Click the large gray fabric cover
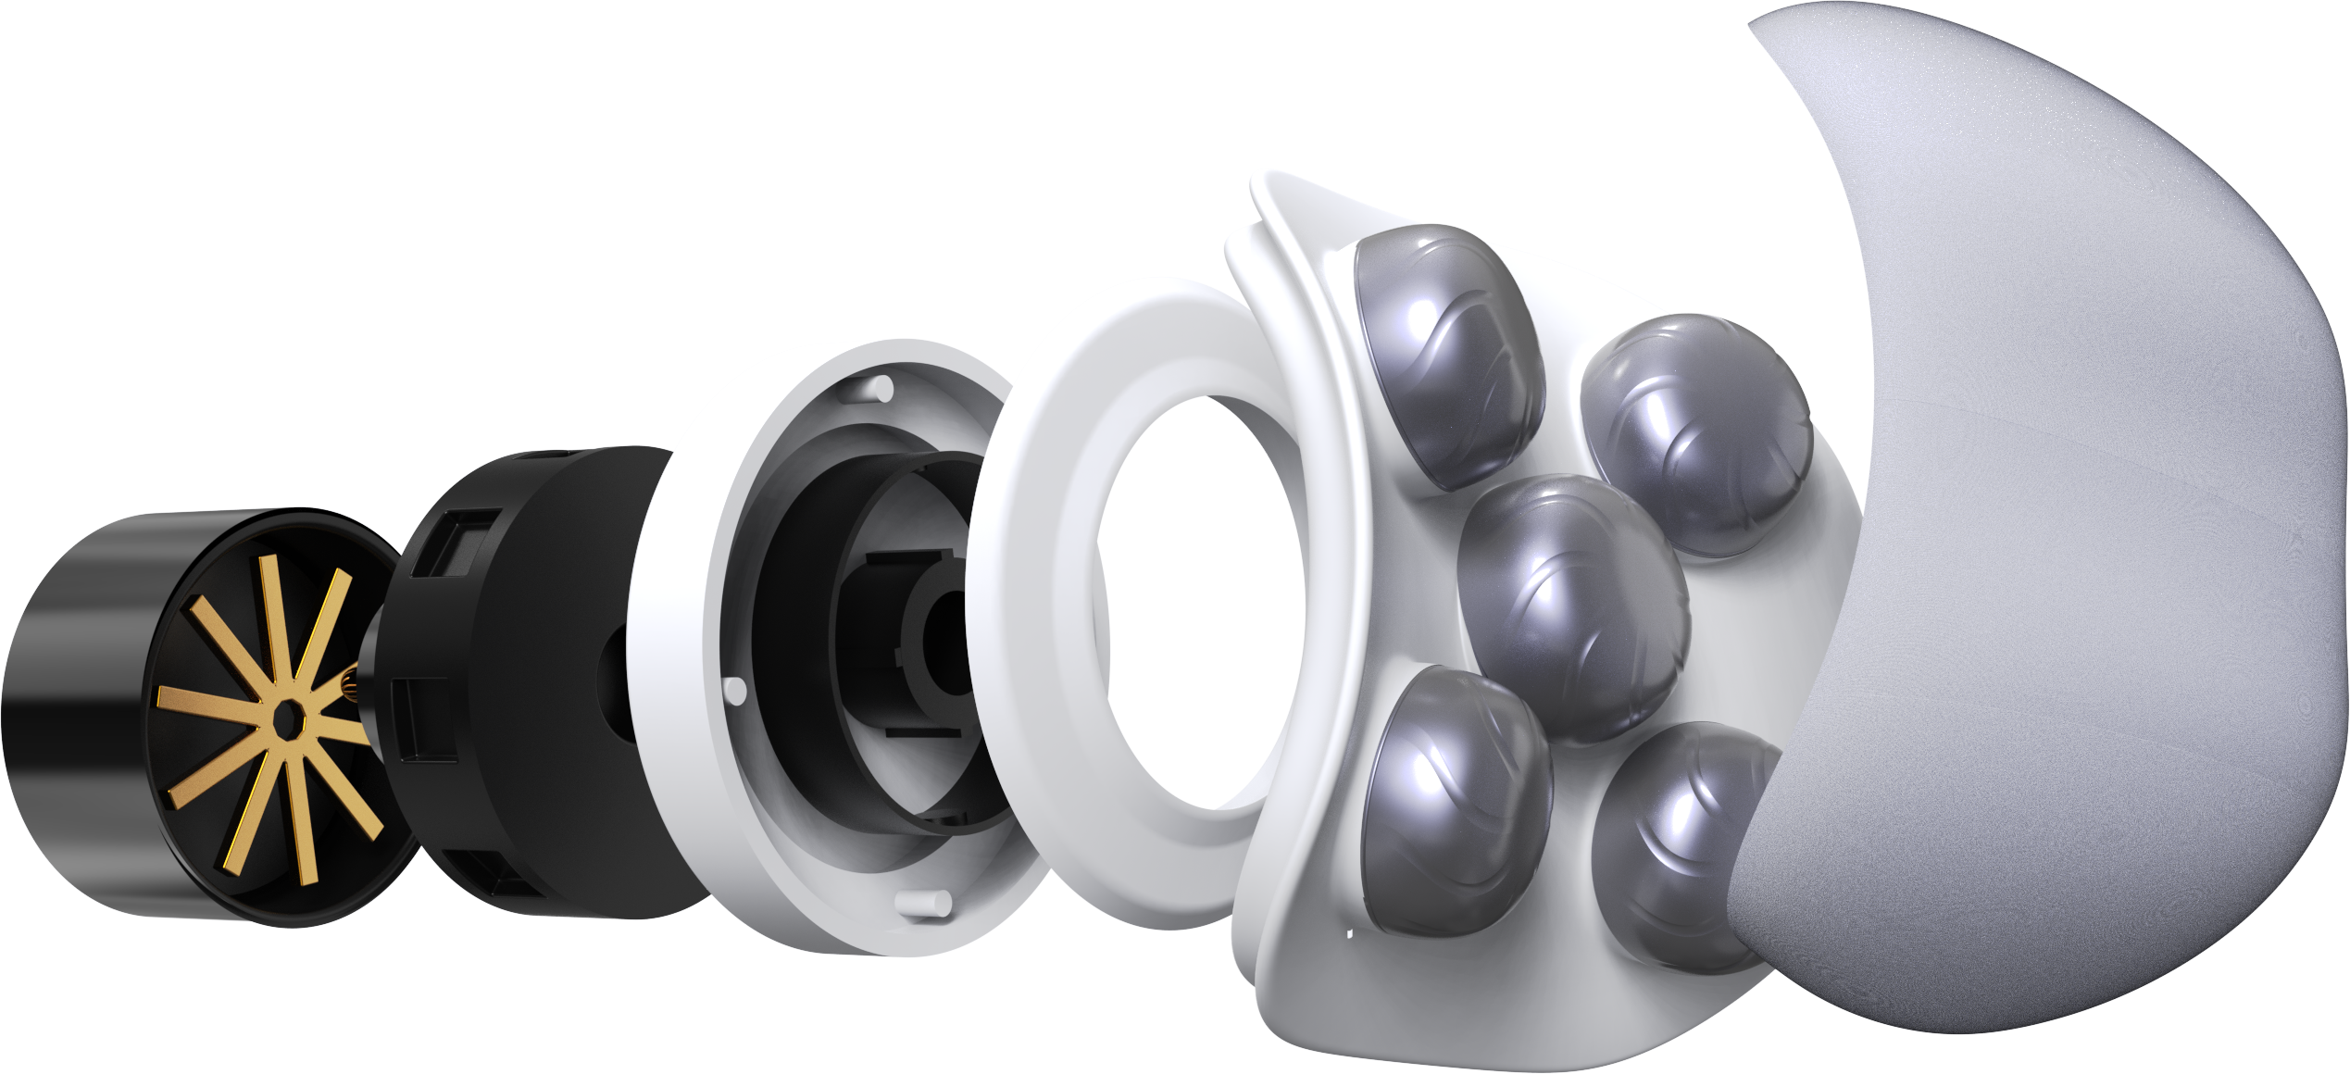2065,518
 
